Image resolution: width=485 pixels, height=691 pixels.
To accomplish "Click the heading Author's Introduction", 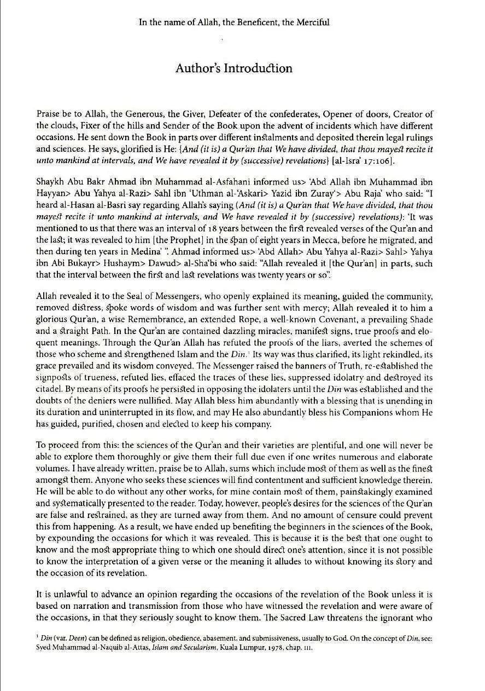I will point(233,68).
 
